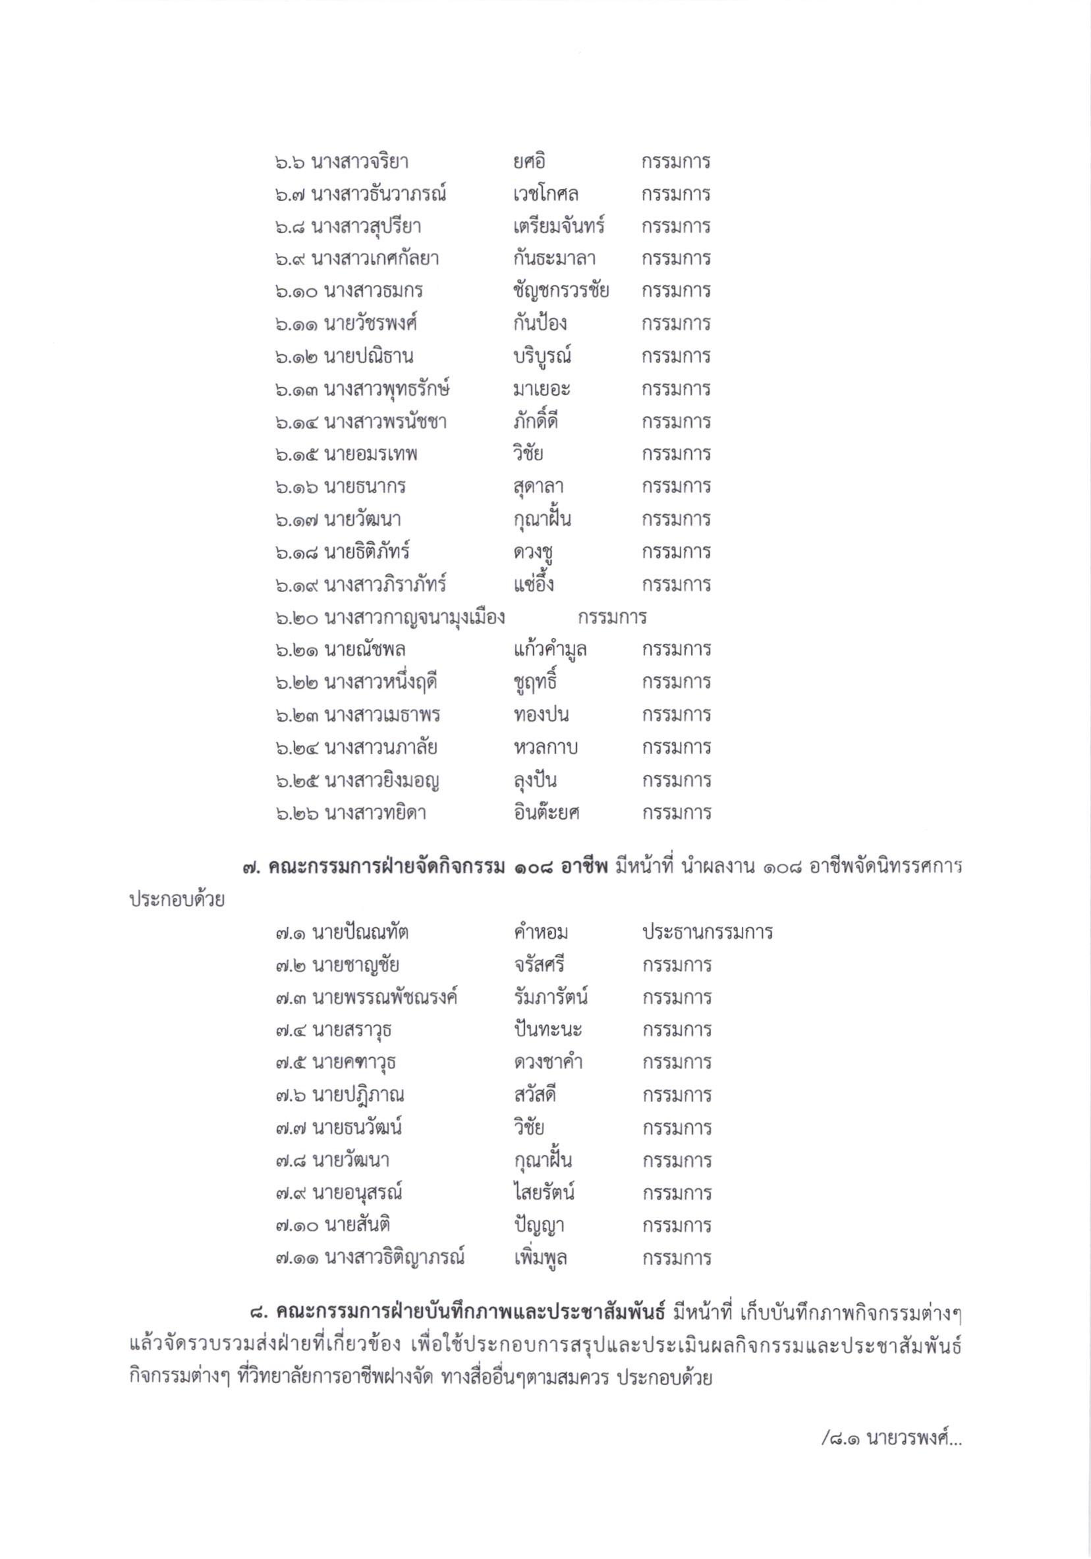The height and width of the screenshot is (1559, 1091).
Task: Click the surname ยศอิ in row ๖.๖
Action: (529, 162)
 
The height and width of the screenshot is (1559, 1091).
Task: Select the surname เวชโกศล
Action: (545, 195)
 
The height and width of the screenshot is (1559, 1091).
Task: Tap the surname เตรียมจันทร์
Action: (559, 226)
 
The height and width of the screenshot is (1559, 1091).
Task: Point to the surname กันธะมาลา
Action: (554, 259)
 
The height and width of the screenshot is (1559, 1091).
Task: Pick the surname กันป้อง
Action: (540, 323)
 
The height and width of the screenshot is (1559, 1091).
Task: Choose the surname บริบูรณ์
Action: (545, 356)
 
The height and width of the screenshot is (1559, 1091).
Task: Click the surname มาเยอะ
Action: (542, 389)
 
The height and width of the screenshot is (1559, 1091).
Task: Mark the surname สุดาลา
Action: (539, 487)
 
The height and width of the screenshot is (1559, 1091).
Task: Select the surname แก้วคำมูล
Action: (549, 650)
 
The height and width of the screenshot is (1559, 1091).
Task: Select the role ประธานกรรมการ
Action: (707, 932)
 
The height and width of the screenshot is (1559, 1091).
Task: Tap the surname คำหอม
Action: (541, 932)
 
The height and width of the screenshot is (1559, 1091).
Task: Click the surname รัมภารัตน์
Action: (550, 997)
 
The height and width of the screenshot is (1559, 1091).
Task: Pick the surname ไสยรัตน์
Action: (544, 1193)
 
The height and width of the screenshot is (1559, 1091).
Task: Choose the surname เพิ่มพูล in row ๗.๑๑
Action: (540, 1258)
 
